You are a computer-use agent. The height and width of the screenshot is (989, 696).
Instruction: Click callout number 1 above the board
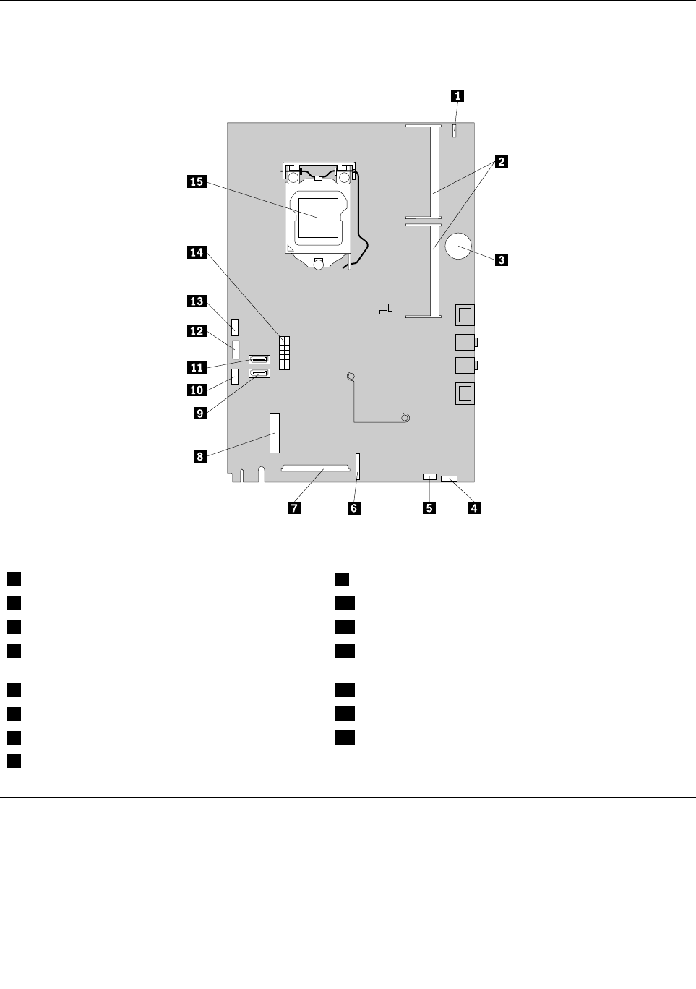coord(457,95)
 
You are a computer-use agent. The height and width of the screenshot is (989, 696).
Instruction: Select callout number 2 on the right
coord(499,162)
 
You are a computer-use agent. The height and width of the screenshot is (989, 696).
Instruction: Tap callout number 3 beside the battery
coord(500,259)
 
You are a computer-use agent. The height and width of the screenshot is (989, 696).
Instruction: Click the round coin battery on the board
coord(459,248)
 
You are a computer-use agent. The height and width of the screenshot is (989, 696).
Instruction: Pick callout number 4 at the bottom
coord(473,508)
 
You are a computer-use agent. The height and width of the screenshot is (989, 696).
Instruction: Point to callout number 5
coord(429,508)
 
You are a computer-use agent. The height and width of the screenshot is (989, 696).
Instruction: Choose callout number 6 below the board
coord(353,508)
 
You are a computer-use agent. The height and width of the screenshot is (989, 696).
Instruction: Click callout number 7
coord(293,508)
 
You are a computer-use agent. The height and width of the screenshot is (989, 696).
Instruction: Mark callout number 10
coord(196,390)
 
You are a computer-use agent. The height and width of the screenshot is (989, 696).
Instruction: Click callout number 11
coord(196,367)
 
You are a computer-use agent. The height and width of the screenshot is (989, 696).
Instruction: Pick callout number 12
coord(196,330)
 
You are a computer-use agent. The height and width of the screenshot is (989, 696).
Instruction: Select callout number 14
coord(196,252)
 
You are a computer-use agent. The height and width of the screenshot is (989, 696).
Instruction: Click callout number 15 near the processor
coord(196,181)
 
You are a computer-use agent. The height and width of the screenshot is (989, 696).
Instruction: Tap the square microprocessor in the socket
coord(319,218)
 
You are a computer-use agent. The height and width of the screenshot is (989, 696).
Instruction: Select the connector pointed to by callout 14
coord(284,353)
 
